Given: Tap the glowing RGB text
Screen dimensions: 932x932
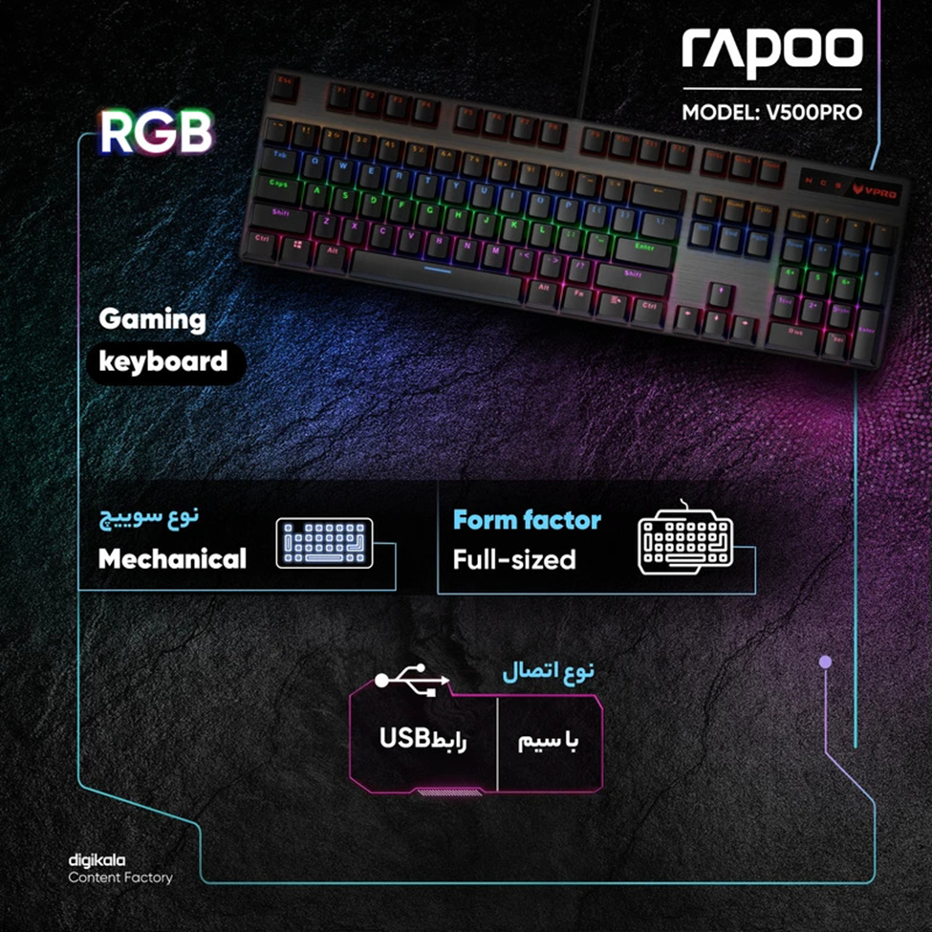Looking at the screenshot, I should [x=156, y=132].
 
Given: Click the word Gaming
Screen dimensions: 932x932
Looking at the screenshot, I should [x=152, y=319].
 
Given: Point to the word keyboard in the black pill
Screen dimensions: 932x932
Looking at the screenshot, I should [x=163, y=361].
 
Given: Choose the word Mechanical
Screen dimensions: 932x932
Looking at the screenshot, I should [x=172, y=558].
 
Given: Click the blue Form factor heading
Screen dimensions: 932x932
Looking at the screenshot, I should [x=527, y=521].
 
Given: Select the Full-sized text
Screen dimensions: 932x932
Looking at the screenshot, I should [x=514, y=559].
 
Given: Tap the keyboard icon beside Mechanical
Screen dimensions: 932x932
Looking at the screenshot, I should [x=324, y=544].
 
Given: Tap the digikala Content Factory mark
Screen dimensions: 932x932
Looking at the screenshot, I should [x=119, y=869].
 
